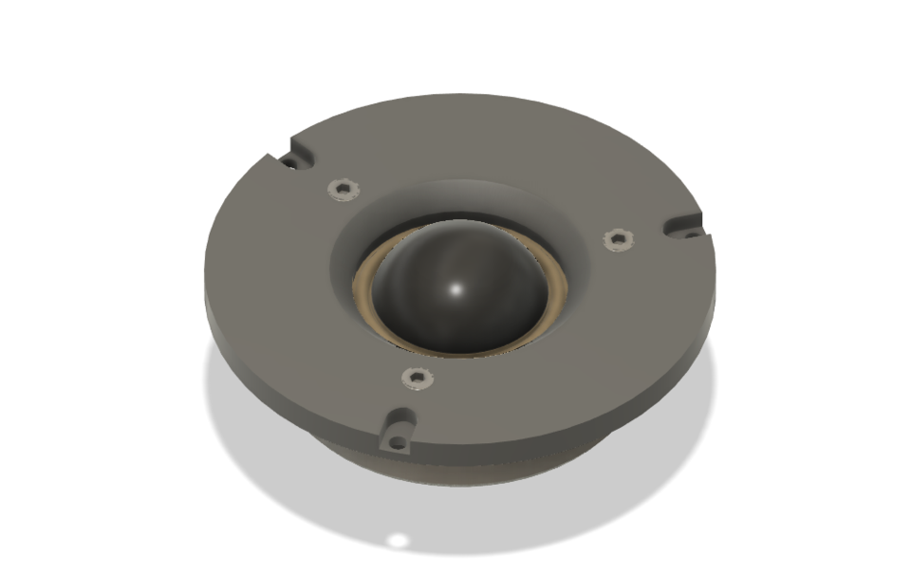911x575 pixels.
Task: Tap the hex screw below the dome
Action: coord(415,378)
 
